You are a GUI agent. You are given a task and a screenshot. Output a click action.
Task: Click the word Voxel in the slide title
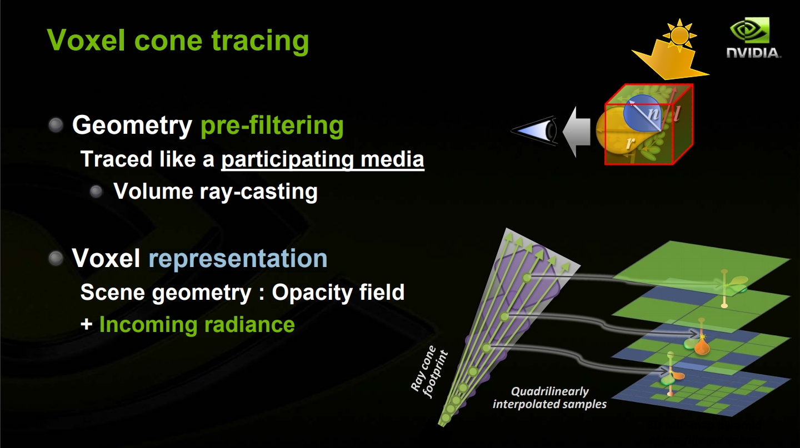(86, 40)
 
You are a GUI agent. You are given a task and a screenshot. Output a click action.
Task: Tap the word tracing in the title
(260, 42)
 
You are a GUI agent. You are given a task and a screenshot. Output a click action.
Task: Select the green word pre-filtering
(272, 125)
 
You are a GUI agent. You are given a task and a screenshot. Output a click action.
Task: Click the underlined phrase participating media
(322, 159)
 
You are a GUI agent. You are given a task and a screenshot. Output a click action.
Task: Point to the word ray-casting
(258, 192)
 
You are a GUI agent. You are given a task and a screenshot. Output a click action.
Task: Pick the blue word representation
(238, 259)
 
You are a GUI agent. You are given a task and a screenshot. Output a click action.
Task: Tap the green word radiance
(249, 325)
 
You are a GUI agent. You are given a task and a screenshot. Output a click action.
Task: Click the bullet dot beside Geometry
(56, 125)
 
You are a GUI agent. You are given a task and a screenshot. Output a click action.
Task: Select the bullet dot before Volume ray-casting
(96, 192)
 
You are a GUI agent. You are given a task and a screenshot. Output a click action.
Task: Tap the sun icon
(679, 34)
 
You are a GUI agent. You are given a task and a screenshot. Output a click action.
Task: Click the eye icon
(534, 130)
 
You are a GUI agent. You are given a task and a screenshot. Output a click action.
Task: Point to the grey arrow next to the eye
(576, 132)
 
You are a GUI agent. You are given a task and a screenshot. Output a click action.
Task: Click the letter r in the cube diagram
(631, 143)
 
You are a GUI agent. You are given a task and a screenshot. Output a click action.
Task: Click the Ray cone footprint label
(429, 371)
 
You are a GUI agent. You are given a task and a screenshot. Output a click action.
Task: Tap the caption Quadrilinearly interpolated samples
(549, 397)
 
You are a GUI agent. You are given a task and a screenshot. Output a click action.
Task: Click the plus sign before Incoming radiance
(87, 325)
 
